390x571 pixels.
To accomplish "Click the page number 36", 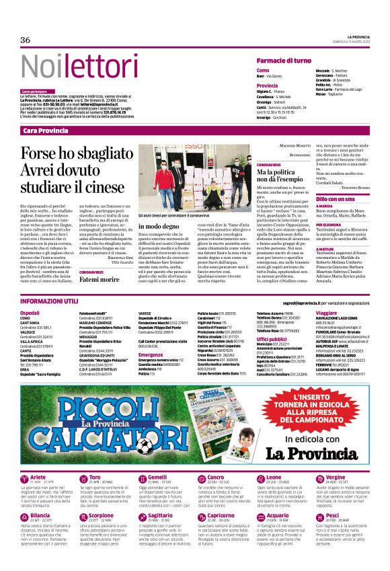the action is [26, 40].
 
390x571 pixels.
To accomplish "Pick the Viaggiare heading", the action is [326, 313].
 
